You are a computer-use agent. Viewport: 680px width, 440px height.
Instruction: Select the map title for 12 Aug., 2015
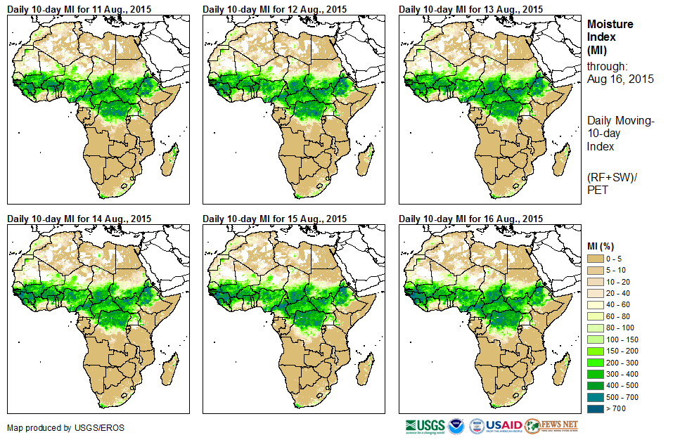275,9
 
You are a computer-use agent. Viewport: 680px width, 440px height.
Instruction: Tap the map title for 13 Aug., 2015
471,9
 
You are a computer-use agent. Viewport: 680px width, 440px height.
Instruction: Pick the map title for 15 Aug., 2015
275,219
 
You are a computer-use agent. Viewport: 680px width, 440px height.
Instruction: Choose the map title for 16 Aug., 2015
471,219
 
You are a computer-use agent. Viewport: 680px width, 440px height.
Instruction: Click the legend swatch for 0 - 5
596,259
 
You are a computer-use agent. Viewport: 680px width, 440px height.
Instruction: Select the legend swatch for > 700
596,408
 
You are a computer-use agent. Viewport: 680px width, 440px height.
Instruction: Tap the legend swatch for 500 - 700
596,396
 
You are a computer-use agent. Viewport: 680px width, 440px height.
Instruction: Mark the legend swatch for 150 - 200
596,351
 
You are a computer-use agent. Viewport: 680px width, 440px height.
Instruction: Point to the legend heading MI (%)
603,246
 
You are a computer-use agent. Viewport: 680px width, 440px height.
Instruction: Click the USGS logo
425,426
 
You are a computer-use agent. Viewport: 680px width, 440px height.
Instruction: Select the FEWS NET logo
552,426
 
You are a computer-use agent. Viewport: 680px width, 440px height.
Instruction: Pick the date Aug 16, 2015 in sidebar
620,79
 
